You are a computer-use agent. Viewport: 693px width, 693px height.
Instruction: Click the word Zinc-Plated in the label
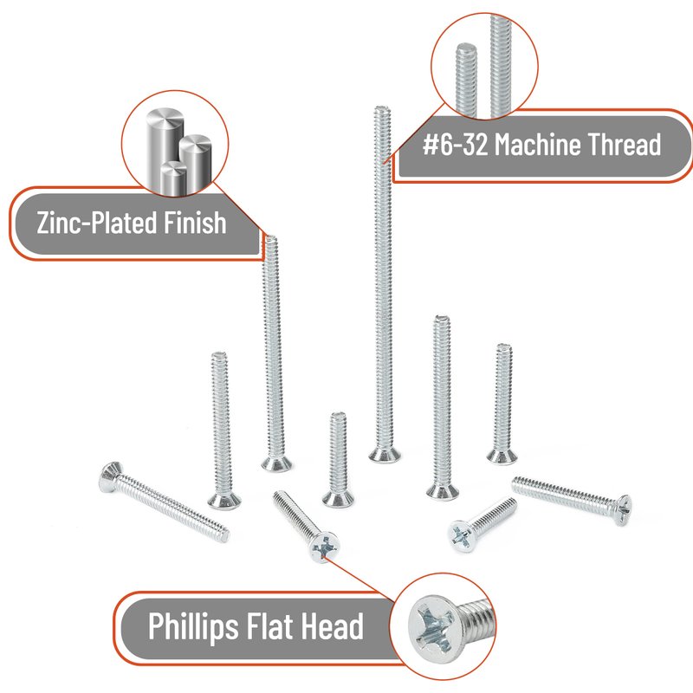(97, 223)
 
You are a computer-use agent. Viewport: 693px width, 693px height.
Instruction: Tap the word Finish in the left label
(195, 223)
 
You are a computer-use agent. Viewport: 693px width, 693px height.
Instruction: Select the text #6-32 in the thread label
(456, 144)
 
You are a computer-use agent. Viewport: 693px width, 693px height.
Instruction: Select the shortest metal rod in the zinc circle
(173, 178)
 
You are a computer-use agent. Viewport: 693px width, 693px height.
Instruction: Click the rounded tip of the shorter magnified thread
(466, 47)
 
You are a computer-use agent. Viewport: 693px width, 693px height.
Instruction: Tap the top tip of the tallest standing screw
(382, 107)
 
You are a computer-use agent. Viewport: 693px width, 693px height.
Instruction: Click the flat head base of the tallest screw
(385, 455)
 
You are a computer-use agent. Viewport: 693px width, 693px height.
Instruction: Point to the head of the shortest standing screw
(338, 499)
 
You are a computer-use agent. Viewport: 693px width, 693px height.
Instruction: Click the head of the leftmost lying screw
(109, 477)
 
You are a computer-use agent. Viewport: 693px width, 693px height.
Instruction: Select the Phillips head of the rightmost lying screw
(623, 510)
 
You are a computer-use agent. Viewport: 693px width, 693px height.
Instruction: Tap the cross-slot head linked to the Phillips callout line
(324, 547)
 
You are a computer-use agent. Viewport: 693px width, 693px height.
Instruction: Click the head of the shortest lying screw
(462, 535)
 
